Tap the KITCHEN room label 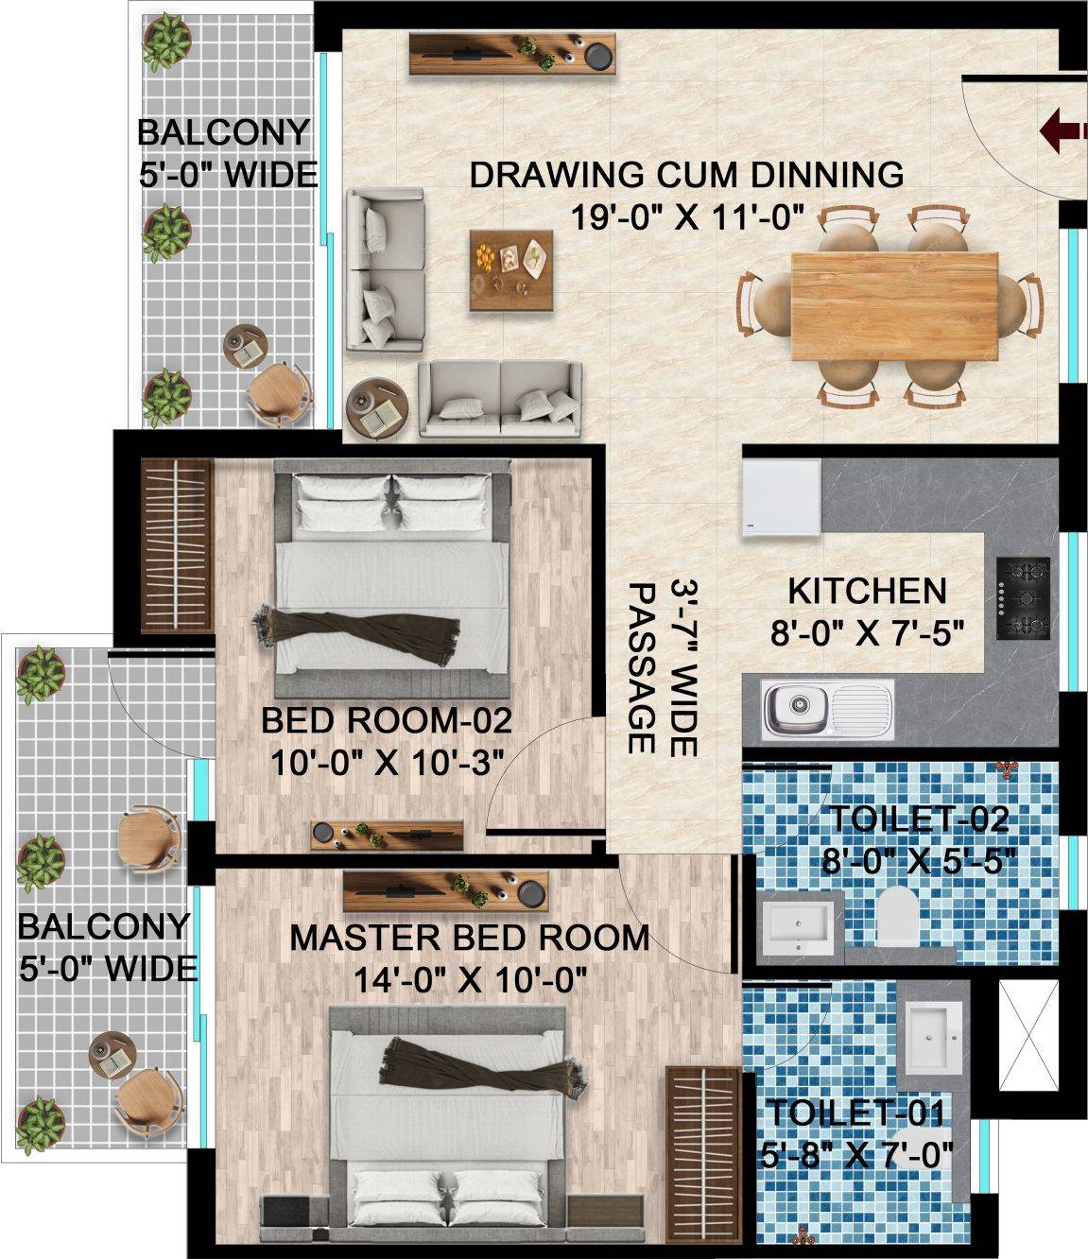[x=867, y=591]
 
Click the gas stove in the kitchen [x=1023, y=598]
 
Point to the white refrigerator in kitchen [x=781, y=497]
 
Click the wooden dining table [x=894, y=305]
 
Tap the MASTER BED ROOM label [x=469, y=938]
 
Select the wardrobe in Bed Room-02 [x=176, y=545]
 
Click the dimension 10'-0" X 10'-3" [x=385, y=762]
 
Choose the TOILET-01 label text [x=855, y=1112]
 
